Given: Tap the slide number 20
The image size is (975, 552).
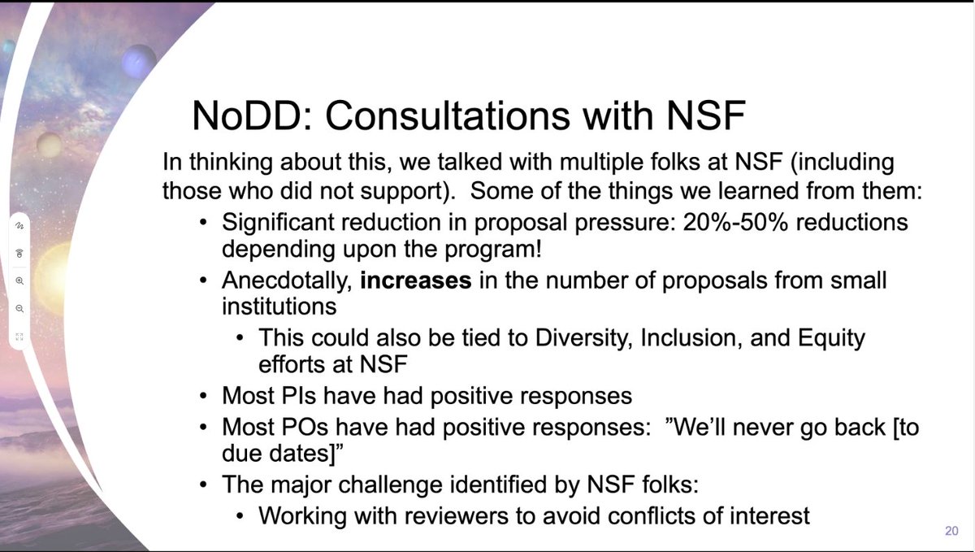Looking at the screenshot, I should [x=951, y=531].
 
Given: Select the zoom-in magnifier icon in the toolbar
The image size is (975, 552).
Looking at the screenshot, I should [x=19, y=280].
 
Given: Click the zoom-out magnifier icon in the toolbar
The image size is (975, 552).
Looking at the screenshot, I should [x=19, y=308].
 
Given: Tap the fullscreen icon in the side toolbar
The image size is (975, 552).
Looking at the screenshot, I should [x=19, y=336].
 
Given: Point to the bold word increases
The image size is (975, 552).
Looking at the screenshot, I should [x=416, y=280].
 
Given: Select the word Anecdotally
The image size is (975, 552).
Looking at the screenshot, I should [x=287, y=280].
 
